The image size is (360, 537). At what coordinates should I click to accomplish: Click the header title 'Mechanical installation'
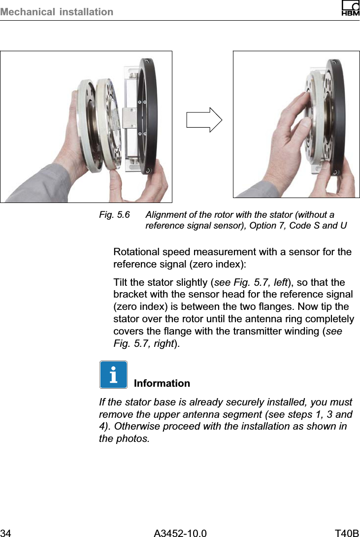tap(57, 11)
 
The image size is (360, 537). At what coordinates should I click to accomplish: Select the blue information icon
tap(113, 374)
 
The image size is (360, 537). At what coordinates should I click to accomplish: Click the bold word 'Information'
tap(162, 383)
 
